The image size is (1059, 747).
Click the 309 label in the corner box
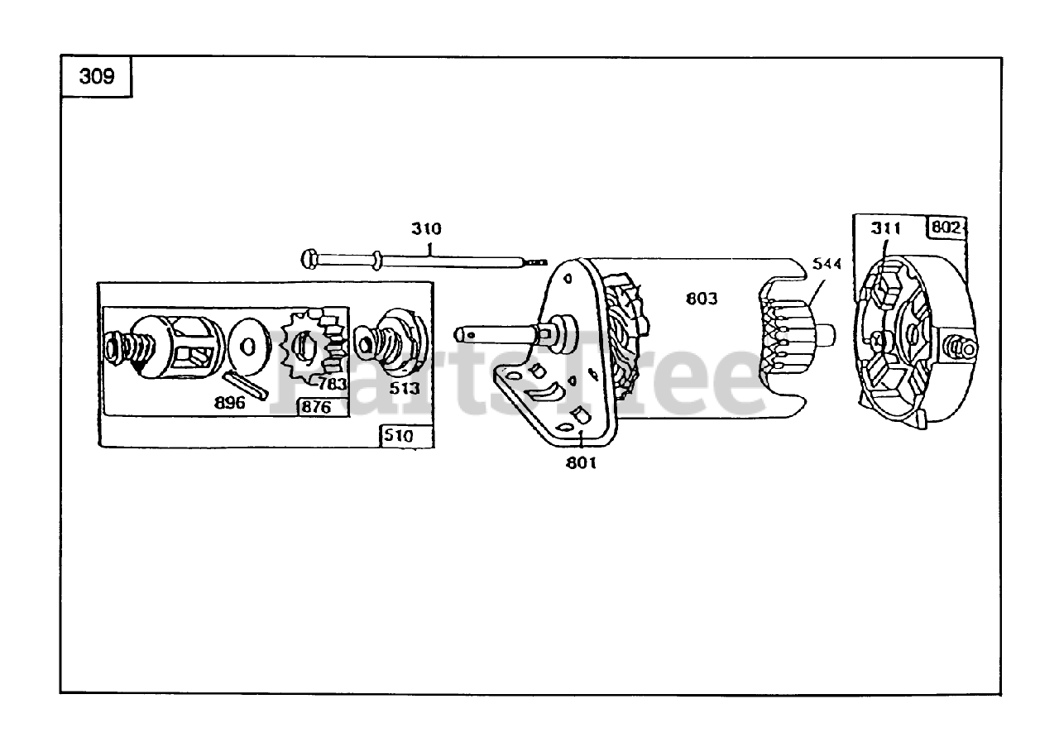tap(96, 78)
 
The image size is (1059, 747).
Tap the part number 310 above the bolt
tap(427, 229)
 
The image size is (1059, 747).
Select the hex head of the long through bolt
tap(309, 259)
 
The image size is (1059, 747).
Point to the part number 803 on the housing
tap(702, 299)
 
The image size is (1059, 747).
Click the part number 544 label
tap(827, 264)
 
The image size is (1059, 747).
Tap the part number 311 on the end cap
tap(885, 228)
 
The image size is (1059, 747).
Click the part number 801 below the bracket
tap(581, 462)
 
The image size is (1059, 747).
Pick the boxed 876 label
tap(315, 407)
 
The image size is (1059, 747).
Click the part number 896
tap(229, 403)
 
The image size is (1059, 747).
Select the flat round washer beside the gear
tap(247, 344)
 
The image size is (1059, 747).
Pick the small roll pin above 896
tap(245, 385)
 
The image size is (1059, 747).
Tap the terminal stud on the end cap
tap(962, 345)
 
